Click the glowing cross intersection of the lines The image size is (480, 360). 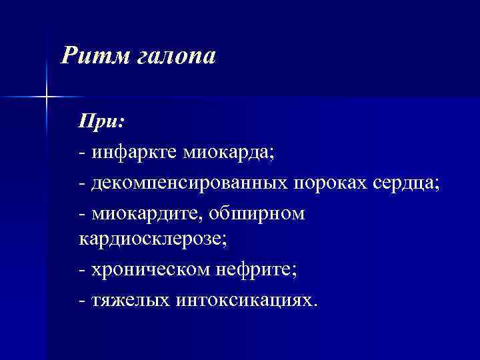pos(47,97)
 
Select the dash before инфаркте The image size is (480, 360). pos(82,153)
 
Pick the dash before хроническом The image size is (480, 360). pos(82,271)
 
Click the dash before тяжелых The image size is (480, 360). pos(82,301)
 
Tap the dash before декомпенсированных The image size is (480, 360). pos(82,184)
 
